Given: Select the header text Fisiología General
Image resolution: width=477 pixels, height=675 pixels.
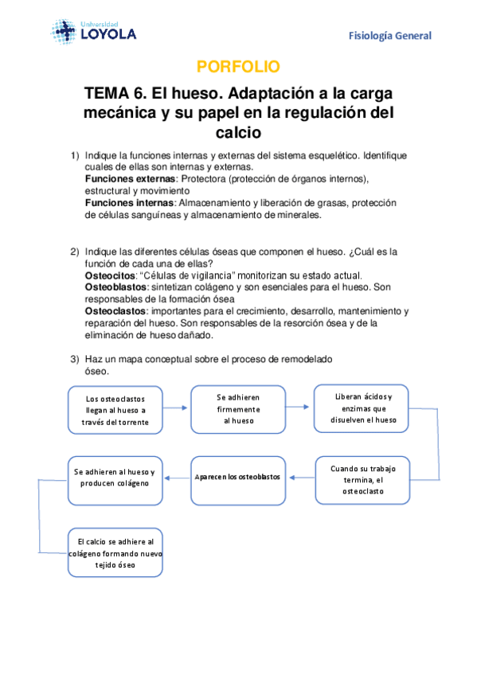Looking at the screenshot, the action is pos(390,36).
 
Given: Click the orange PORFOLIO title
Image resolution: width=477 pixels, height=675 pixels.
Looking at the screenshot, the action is pos(238,66).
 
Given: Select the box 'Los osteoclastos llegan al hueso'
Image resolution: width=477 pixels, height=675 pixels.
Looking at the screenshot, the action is pos(116,409).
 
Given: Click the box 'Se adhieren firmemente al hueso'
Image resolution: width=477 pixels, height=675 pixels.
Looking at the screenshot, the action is pos(238,408).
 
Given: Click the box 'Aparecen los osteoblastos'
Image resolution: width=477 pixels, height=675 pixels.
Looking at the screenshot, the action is pos(238,477).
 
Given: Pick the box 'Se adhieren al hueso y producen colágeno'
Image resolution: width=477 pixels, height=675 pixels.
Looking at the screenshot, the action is pos(116,477).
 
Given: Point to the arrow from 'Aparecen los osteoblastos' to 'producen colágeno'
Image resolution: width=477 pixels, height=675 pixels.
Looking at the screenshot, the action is pos(178,478).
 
